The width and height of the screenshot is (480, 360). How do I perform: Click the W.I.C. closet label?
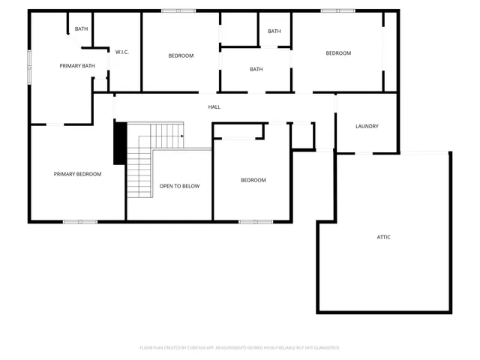coord(121,52)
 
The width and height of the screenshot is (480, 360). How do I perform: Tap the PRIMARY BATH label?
coord(77,66)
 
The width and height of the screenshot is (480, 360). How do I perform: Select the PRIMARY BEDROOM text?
coord(77,174)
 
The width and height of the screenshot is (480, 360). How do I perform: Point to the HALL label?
coord(214,106)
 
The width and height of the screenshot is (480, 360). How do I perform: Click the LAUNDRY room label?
coord(367,126)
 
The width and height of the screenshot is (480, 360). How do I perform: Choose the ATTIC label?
coord(383,237)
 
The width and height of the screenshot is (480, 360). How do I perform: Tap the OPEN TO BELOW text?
coord(179,186)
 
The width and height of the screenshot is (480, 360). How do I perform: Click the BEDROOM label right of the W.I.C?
coord(181,55)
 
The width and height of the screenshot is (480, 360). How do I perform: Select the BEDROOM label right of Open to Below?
coord(253,180)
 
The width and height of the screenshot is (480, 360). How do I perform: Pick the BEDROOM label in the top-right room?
coord(338,53)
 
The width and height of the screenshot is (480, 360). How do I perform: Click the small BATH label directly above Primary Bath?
coord(81,29)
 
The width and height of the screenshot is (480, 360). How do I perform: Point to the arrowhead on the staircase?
coord(181,136)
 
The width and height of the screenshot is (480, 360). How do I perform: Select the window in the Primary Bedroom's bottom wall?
coord(79,221)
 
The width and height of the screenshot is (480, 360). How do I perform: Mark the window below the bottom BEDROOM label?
coord(255,221)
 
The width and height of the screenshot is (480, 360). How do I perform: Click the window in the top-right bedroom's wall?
coord(337,10)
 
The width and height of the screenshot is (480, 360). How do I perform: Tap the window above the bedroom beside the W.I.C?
coord(178,10)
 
